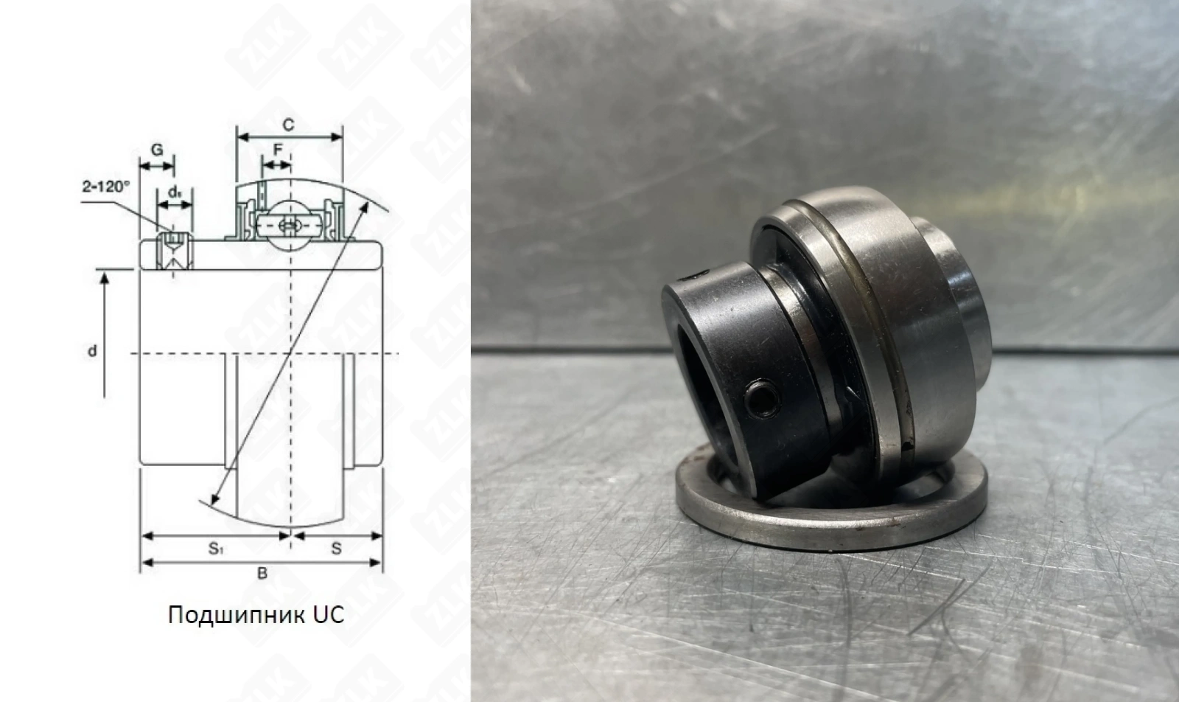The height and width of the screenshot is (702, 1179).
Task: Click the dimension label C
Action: pos(288,125)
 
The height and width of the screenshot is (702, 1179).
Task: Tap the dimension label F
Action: pos(278,150)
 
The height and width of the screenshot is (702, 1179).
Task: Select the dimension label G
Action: pos(157,150)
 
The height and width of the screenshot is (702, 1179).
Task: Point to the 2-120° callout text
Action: pos(106,187)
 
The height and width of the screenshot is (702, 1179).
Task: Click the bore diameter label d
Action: pos(92,351)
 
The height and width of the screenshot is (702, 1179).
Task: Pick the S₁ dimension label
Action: pos(215,549)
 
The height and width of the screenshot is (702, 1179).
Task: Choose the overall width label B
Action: pos(262,574)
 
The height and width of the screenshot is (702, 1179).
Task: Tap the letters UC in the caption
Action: pos(329,614)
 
